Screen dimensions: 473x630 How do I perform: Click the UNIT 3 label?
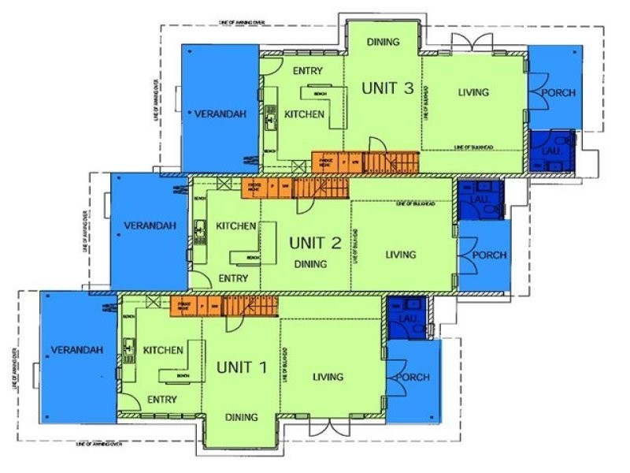pos(387,88)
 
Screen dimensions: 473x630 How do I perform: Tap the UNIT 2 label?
pos(314,242)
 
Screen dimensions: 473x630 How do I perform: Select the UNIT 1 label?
pos(242,367)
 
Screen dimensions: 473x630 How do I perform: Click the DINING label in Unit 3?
pos(384,42)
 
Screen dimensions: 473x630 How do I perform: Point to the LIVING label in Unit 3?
pos(473,92)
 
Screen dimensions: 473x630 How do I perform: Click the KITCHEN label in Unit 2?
pos(235,226)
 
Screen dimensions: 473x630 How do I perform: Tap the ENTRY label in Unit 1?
pos(161,399)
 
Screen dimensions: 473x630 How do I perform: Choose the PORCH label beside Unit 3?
pos(558,92)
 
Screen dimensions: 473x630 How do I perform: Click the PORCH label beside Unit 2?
pos(489,255)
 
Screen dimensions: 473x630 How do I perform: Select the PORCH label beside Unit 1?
pos(413,378)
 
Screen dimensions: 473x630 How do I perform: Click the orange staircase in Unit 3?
pos(391,162)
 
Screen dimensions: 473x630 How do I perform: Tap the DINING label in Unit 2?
pos(310,264)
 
